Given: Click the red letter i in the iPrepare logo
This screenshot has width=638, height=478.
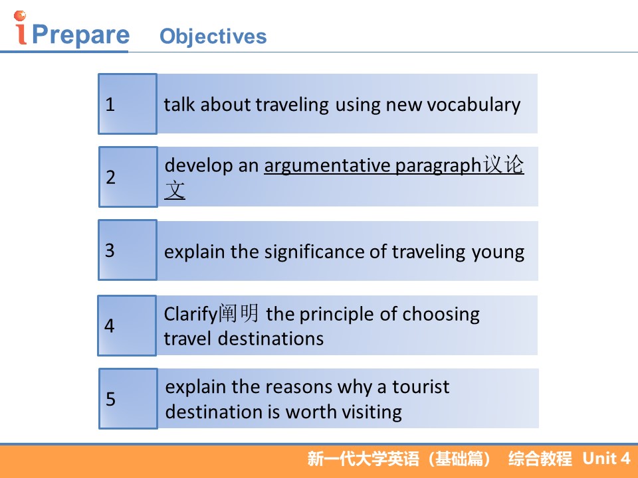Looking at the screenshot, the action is click(21, 28).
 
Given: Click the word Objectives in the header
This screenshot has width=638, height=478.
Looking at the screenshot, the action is click(213, 37).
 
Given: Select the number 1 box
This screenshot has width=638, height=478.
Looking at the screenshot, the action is click(128, 104).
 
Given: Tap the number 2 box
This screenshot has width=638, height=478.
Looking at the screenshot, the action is click(128, 177).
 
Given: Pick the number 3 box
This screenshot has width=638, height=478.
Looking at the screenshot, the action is click(128, 250).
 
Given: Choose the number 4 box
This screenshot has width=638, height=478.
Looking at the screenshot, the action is click(127, 325).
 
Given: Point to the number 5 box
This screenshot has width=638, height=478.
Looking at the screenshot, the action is click(128, 399).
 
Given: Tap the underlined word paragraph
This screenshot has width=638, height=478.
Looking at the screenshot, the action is click(438, 166).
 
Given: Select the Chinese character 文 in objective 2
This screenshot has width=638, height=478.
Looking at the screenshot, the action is click(175, 190).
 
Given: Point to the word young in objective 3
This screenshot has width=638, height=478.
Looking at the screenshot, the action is click(498, 253).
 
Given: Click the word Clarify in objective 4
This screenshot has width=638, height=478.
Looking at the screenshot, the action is click(191, 315).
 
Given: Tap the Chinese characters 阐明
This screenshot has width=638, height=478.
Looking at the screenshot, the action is click(239, 313).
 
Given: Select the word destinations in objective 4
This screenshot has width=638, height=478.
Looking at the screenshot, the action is click(271, 339).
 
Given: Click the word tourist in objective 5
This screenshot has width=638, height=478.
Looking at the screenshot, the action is click(421, 386).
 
